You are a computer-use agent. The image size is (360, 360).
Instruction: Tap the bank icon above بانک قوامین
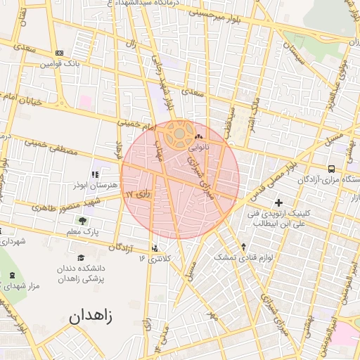[x=59, y=53]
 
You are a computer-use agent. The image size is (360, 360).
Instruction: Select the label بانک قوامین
[x=56, y=64]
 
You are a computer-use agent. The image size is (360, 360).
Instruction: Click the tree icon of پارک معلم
[x=84, y=221]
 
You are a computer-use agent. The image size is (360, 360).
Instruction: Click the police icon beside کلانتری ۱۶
[x=155, y=247]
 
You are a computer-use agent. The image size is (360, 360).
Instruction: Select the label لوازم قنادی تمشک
[x=243, y=258]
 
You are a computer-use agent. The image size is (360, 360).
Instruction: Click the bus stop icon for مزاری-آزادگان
[x=332, y=168]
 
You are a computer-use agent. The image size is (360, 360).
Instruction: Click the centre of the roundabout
[x=179, y=131]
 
